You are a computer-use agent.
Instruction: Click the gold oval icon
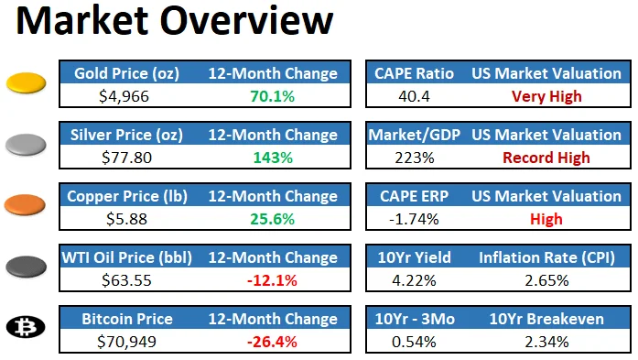tap(27, 84)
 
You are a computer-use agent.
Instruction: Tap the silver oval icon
tap(27, 145)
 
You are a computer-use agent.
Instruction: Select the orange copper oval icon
tap(27, 205)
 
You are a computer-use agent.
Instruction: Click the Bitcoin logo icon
tap(27, 327)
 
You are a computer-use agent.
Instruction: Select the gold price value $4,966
tap(124, 96)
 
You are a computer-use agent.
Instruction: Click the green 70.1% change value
tap(273, 96)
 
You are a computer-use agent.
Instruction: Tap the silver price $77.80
tap(124, 158)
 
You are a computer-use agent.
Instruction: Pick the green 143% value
tap(273, 158)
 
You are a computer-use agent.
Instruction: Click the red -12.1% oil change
tap(273, 280)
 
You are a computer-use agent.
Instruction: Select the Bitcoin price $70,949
tap(124, 342)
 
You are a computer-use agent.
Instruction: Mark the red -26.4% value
tap(273, 342)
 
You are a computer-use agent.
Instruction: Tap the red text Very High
tap(546, 96)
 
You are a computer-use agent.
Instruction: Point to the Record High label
tap(546, 158)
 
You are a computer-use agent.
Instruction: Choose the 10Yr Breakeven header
tap(546, 319)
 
